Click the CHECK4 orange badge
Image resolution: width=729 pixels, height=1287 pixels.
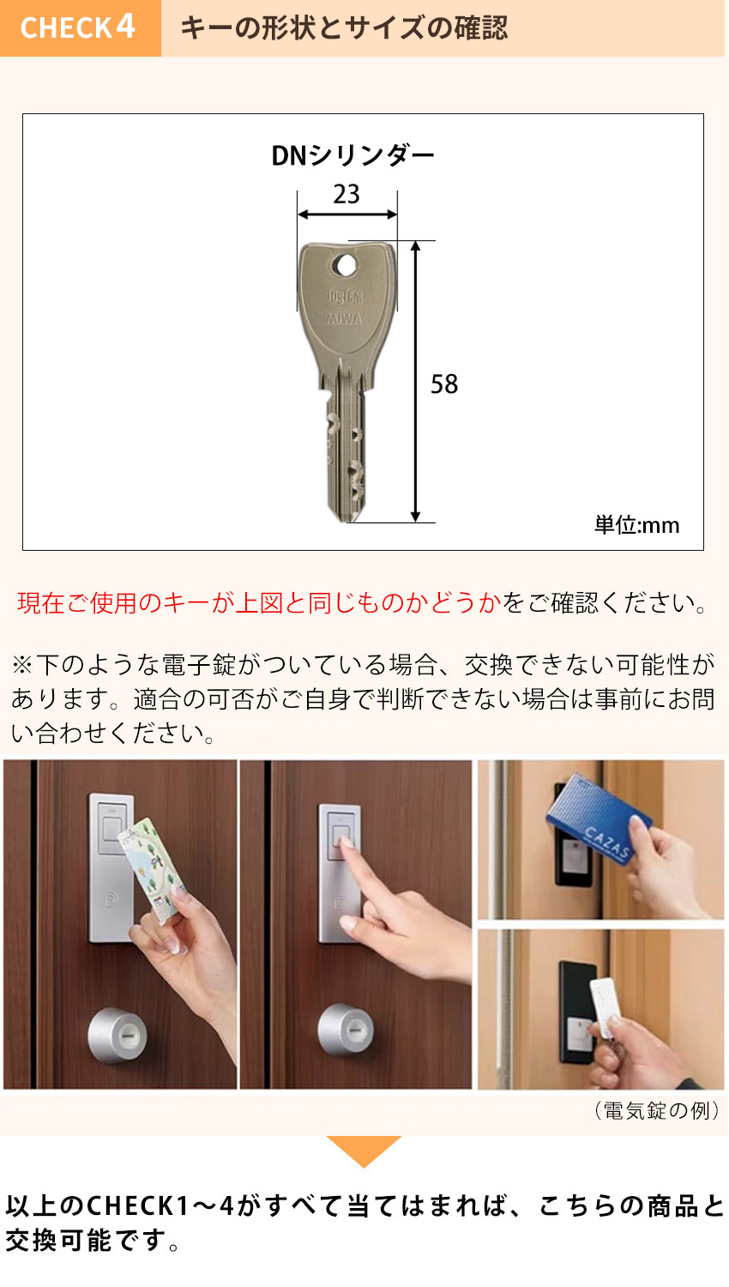tap(79, 27)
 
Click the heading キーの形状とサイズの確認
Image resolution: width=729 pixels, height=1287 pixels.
tap(343, 28)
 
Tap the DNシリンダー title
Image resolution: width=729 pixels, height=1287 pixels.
tap(352, 155)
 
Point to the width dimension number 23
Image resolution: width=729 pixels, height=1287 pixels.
tap(346, 194)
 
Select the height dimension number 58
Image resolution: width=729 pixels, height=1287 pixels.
tap(444, 384)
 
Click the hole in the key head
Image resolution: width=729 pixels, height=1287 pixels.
tap(346, 265)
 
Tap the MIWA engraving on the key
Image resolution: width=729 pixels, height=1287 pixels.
tap(345, 319)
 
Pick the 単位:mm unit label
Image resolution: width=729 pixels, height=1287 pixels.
tap(636, 524)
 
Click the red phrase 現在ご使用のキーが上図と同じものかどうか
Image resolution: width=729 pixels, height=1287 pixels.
tap(258, 603)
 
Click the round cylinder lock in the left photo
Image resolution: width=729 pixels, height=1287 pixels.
tap(117, 1036)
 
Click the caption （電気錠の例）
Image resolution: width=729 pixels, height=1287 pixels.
tap(656, 1110)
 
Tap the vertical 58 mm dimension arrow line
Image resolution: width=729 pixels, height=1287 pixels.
tap(415, 382)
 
